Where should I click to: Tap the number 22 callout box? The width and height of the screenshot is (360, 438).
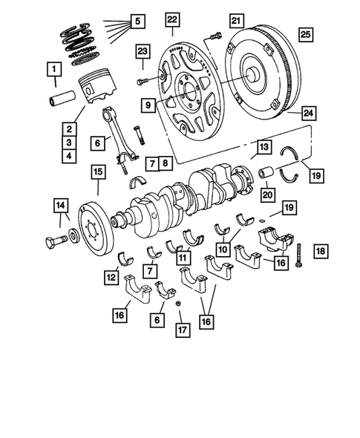coord(172,19)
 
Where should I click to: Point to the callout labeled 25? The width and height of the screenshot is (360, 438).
coord(305,34)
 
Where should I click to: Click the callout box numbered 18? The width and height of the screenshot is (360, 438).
coord(318,251)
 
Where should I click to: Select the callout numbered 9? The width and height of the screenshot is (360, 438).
coord(149,105)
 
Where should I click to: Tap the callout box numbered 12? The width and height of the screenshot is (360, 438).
coord(111,277)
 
